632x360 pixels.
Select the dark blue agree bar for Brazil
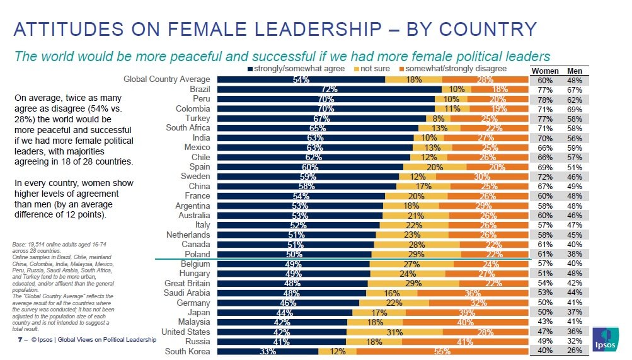[x=328, y=89]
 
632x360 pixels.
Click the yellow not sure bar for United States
[x=394, y=332]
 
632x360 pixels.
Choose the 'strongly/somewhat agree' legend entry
[x=297, y=68]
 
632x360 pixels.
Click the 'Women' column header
[x=545, y=71]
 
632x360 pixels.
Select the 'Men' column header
[x=575, y=71]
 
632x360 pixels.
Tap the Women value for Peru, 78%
[x=545, y=99]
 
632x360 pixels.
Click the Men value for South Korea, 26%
[x=575, y=351]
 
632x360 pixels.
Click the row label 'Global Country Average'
[x=166, y=79]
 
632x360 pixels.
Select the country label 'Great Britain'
[x=187, y=283]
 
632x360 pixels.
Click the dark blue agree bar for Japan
[x=284, y=312]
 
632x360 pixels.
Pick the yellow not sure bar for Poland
[x=416, y=254]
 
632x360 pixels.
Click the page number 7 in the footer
[x=20, y=340]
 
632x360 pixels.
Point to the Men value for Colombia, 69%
[x=575, y=108]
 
